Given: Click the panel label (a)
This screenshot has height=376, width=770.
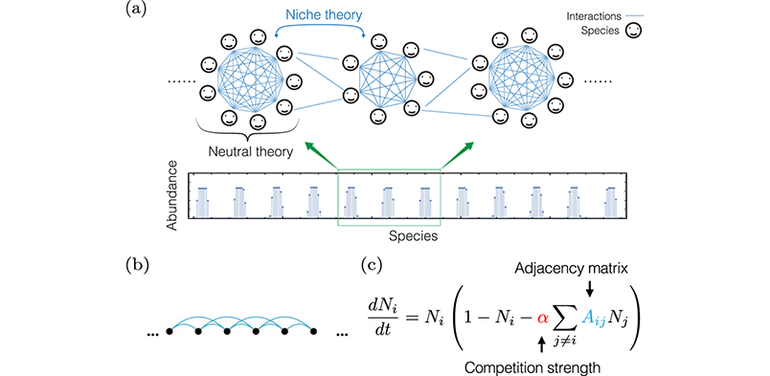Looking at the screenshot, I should (x=136, y=11).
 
